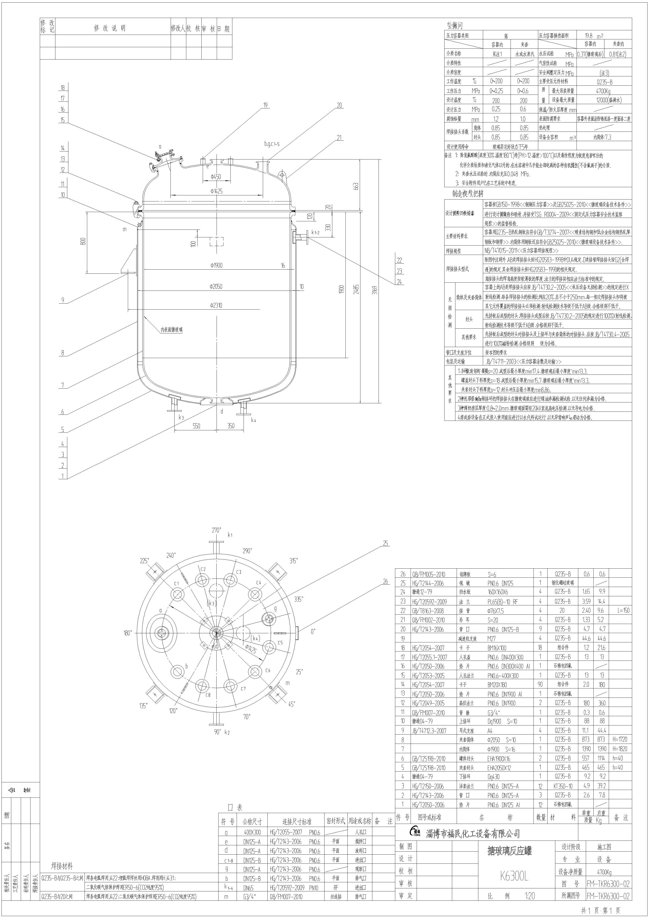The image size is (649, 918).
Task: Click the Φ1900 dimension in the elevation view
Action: tap(216, 265)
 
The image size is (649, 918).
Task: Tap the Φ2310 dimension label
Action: tap(216, 305)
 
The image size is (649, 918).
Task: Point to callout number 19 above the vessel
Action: tap(265, 106)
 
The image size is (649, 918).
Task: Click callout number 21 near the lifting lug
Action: tap(339, 138)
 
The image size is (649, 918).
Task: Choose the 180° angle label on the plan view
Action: tap(128, 633)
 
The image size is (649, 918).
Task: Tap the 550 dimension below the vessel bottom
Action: tap(196, 426)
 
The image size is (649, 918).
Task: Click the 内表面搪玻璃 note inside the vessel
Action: tap(172, 330)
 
